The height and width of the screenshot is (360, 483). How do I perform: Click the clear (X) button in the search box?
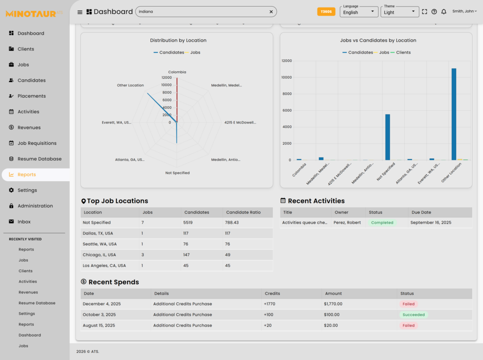pos(271,12)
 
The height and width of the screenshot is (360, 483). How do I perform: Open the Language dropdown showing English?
pos(359,12)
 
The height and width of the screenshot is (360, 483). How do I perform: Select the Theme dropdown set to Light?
pos(400,12)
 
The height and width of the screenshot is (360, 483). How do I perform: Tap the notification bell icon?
pos(444,12)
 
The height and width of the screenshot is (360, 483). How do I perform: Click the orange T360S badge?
pos(326,12)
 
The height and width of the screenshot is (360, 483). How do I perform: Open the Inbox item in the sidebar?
pos(24,222)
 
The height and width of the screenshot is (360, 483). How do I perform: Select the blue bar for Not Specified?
pos(388,137)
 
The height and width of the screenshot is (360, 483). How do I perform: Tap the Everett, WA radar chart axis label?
pos(117,122)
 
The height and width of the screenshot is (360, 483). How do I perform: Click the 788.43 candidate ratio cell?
pos(232,223)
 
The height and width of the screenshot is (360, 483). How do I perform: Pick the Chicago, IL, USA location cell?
pos(99,255)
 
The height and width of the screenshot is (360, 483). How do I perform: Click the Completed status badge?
pos(382,223)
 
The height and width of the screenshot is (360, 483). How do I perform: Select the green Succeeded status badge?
pos(414,315)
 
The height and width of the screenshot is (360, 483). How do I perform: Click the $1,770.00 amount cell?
pos(333,304)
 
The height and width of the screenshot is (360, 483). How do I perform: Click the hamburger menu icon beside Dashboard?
pos(80,12)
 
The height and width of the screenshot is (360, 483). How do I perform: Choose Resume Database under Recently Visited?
pos(37,303)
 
